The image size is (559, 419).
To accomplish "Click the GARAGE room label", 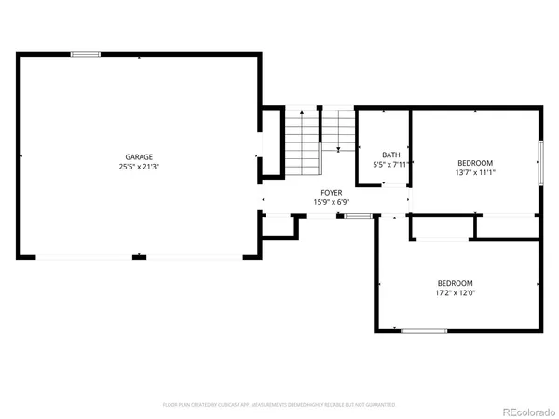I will (x=140, y=156).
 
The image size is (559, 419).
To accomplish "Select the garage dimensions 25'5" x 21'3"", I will (x=140, y=168).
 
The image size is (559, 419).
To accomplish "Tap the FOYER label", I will (x=320, y=192).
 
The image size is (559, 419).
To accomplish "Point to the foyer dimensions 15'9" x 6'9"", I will (x=320, y=202).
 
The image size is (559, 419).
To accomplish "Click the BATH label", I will (x=390, y=155).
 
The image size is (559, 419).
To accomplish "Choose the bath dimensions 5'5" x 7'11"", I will (x=390, y=165).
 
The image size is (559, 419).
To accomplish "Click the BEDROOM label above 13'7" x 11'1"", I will (x=475, y=162).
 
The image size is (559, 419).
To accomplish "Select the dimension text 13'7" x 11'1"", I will (x=475, y=172).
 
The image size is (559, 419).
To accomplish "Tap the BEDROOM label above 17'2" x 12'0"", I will (x=456, y=283).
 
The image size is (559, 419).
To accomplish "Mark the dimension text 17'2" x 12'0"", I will (x=456, y=293).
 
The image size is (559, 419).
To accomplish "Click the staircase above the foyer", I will (x=303, y=144).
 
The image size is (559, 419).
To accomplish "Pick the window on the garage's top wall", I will (x=86, y=54).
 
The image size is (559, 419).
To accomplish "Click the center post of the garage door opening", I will (x=139, y=256).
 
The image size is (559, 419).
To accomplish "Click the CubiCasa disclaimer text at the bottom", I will (x=279, y=405).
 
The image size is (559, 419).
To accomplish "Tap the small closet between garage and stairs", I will (x=272, y=142).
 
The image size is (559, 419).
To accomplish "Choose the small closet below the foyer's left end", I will (x=279, y=226).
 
